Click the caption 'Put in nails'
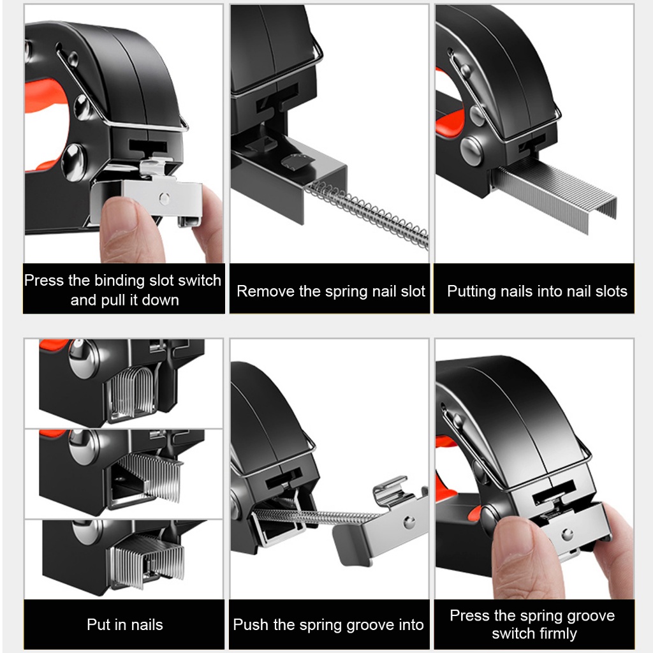(125, 625)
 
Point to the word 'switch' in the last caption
(511, 634)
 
